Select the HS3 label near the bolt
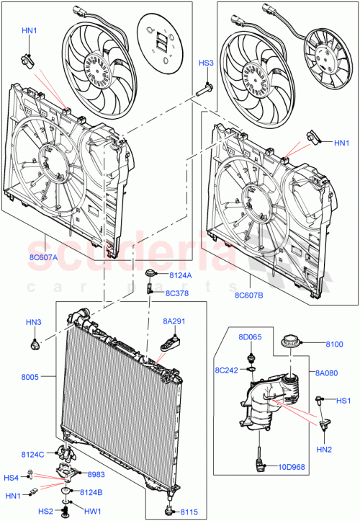tap(207, 63)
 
